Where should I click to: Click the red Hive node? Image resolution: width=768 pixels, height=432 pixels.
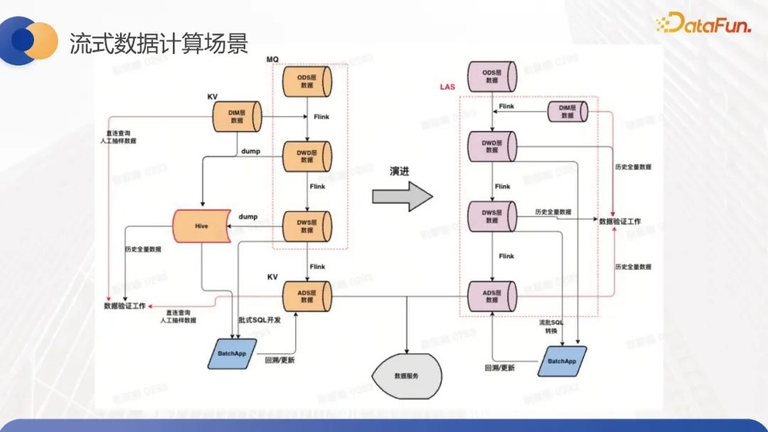pyautogui.click(x=201, y=226)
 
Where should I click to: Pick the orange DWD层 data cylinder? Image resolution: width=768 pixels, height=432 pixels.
pyautogui.click(x=306, y=157)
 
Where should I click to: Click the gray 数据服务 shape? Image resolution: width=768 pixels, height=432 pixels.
pyautogui.click(x=406, y=374)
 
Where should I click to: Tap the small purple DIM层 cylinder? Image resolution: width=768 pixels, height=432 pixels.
pyautogui.click(x=567, y=112)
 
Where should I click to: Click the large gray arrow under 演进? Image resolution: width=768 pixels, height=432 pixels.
pyautogui.click(x=402, y=196)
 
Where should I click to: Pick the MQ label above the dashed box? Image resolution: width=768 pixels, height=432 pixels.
pyautogui.click(x=272, y=58)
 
